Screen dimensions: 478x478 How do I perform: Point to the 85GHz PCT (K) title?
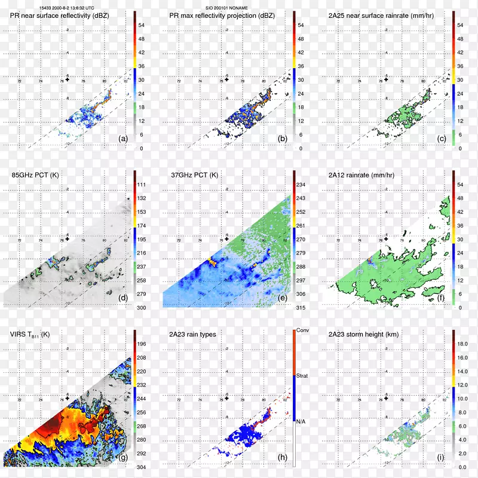pos(37,175)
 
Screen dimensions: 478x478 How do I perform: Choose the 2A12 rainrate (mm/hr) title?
pos(365,175)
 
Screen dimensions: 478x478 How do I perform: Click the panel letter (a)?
pos(123,139)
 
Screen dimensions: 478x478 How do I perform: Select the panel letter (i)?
pos(442,458)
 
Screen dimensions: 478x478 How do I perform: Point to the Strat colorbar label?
pos(302,376)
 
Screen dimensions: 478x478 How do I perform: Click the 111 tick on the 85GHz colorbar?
pos(142,185)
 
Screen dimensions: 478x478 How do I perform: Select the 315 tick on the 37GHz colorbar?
pos(302,307)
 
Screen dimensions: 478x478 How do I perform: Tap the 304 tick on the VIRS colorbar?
pos(142,467)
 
